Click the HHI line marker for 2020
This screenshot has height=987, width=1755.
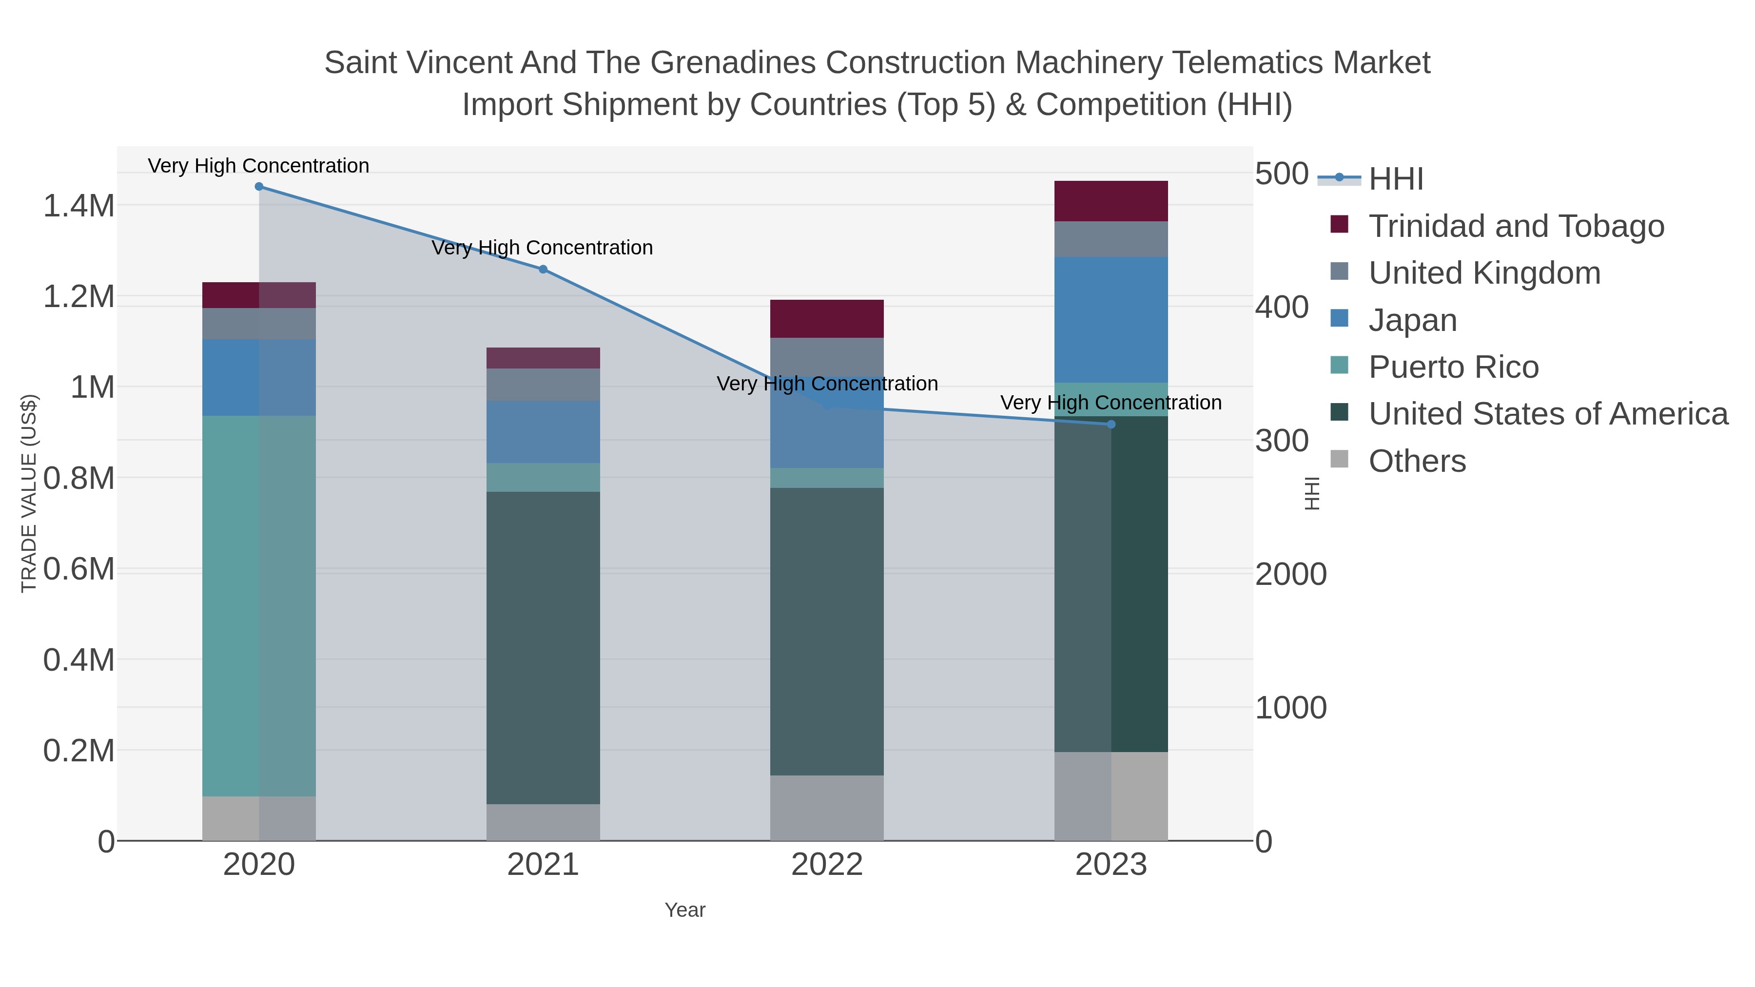(x=259, y=187)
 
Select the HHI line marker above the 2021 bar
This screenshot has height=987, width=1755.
(x=543, y=269)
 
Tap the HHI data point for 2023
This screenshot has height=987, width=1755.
(x=1111, y=425)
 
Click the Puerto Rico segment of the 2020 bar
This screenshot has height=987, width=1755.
(x=259, y=606)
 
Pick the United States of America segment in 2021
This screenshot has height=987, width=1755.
(x=543, y=647)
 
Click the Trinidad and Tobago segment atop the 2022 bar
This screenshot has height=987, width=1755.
(x=827, y=319)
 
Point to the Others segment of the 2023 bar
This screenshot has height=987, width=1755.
(x=1111, y=796)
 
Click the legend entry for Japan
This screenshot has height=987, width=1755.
(x=1412, y=320)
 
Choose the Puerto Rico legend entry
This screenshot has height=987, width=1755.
(x=1453, y=367)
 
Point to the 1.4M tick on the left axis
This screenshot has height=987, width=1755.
(x=78, y=206)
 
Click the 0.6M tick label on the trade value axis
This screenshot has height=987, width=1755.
(x=78, y=569)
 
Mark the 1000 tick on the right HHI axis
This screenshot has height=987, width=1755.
(x=1290, y=708)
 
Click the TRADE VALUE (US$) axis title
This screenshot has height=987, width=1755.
(x=29, y=493)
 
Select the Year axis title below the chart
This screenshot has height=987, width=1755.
(x=685, y=910)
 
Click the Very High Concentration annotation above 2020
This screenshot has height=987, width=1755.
(x=258, y=166)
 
